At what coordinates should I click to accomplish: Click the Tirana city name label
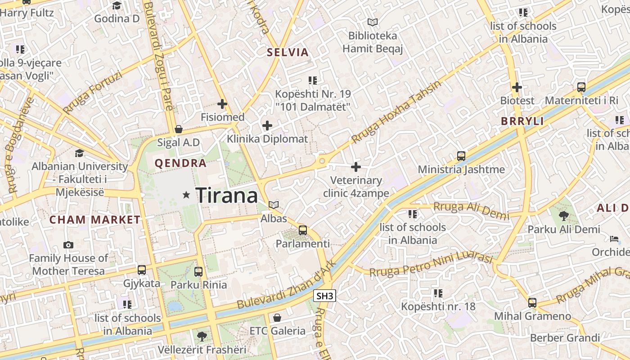(227, 195)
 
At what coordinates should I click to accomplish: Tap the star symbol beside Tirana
(186, 195)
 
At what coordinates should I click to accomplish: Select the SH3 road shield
(324, 296)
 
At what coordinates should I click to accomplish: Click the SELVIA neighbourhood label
(288, 52)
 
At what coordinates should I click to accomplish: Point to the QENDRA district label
(180, 163)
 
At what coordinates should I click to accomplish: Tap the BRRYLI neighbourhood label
(522, 121)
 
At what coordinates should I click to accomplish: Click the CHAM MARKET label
(95, 220)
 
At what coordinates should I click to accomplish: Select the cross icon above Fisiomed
(222, 104)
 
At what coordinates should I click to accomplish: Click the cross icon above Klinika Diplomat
(267, 126)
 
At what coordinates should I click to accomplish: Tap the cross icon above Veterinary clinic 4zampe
(356, 167)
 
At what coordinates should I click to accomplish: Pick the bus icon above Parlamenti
(303, 230)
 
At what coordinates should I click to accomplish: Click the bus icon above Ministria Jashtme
(461, 156)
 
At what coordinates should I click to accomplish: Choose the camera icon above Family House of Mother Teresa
(68, 245)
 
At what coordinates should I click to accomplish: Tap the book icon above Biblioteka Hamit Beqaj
(372, 22)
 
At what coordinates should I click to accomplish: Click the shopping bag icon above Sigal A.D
(179, 129)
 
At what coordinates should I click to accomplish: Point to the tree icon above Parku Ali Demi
(563, 216)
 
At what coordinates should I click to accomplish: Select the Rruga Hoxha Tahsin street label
(396, 112)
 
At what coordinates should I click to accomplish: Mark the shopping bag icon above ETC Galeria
(277, 318)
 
